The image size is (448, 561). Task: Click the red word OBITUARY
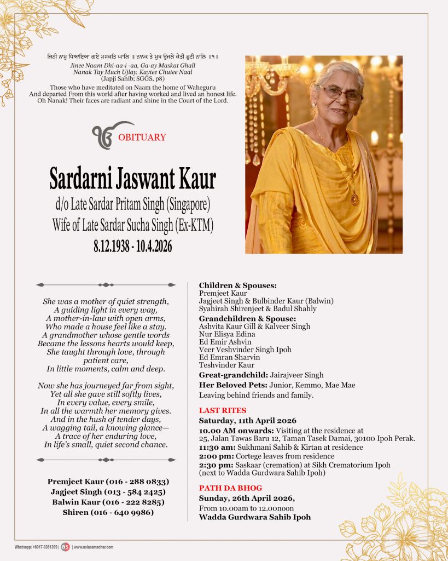coord(142,138)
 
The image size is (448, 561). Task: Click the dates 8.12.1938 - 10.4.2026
coord(133,247)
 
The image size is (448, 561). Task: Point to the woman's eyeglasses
coord(340,94)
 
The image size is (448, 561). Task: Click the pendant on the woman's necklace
coord(354,198)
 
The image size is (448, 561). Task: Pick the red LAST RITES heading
coord(223,410)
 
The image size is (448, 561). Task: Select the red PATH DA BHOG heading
coord(230,488)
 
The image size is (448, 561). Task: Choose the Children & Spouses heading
coord(237,285)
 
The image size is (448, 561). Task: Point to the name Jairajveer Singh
coord(296,375)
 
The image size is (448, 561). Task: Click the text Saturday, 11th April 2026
coord(248,421)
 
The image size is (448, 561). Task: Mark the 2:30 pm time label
coord(211,465)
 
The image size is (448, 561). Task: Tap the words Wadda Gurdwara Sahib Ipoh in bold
coord(254,517)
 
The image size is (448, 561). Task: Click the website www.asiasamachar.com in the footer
coord(94,547)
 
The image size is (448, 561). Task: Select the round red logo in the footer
coord(65,547)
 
